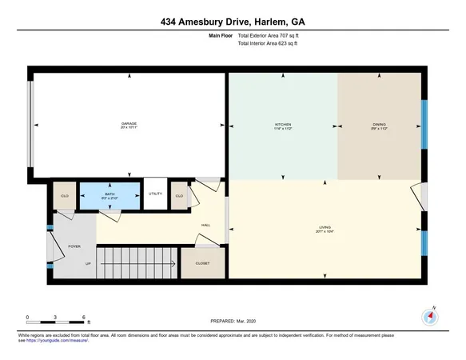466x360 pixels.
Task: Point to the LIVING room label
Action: [325, 229]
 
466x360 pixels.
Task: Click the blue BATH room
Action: [108, 194]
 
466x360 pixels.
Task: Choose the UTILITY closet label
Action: [155, 194]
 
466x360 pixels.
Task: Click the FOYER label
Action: [74, 247]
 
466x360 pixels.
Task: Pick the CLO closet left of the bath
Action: [65, 195]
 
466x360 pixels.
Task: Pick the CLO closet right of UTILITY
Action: [179, 195]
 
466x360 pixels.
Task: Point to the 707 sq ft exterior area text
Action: [273, 34]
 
